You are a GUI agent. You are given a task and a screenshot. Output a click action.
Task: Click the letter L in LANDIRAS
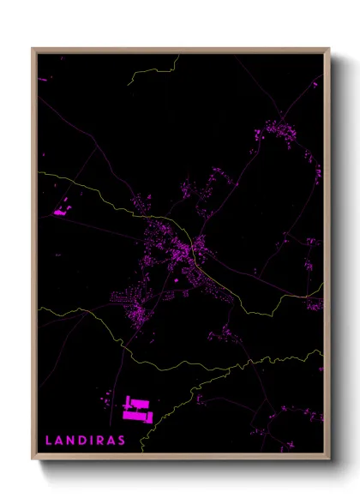click(x=49, y=441)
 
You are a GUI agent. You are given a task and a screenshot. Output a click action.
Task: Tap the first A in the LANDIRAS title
click(x=60, y=441)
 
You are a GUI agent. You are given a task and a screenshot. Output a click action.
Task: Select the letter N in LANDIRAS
click(x=72, y=441)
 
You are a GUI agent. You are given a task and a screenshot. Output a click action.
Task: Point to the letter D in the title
click(x=84, y=441)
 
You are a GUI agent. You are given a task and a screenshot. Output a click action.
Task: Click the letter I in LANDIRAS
click(x=93, y=441)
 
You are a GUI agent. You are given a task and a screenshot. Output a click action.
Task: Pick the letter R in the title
click(x=102, y=441)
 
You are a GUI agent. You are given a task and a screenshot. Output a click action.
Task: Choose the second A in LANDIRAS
click(x=113, y=441)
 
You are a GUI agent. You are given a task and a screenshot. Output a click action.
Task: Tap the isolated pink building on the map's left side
click(x=60, y=210)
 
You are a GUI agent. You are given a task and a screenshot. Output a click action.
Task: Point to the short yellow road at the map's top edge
click(x=153, y=71)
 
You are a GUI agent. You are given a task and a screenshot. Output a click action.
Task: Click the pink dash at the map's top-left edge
click(x=42, y=80)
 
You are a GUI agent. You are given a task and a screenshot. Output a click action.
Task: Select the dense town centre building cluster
click(x=180, y=249)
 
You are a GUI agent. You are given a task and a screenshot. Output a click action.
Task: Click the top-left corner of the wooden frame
click(x=33, y=49)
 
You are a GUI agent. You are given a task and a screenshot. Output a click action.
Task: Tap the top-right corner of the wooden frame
click(x=328, y=49)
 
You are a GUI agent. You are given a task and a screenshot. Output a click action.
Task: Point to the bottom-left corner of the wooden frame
click(x=33, y=459)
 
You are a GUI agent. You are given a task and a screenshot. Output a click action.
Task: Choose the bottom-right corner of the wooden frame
click(x=328, y=459)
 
